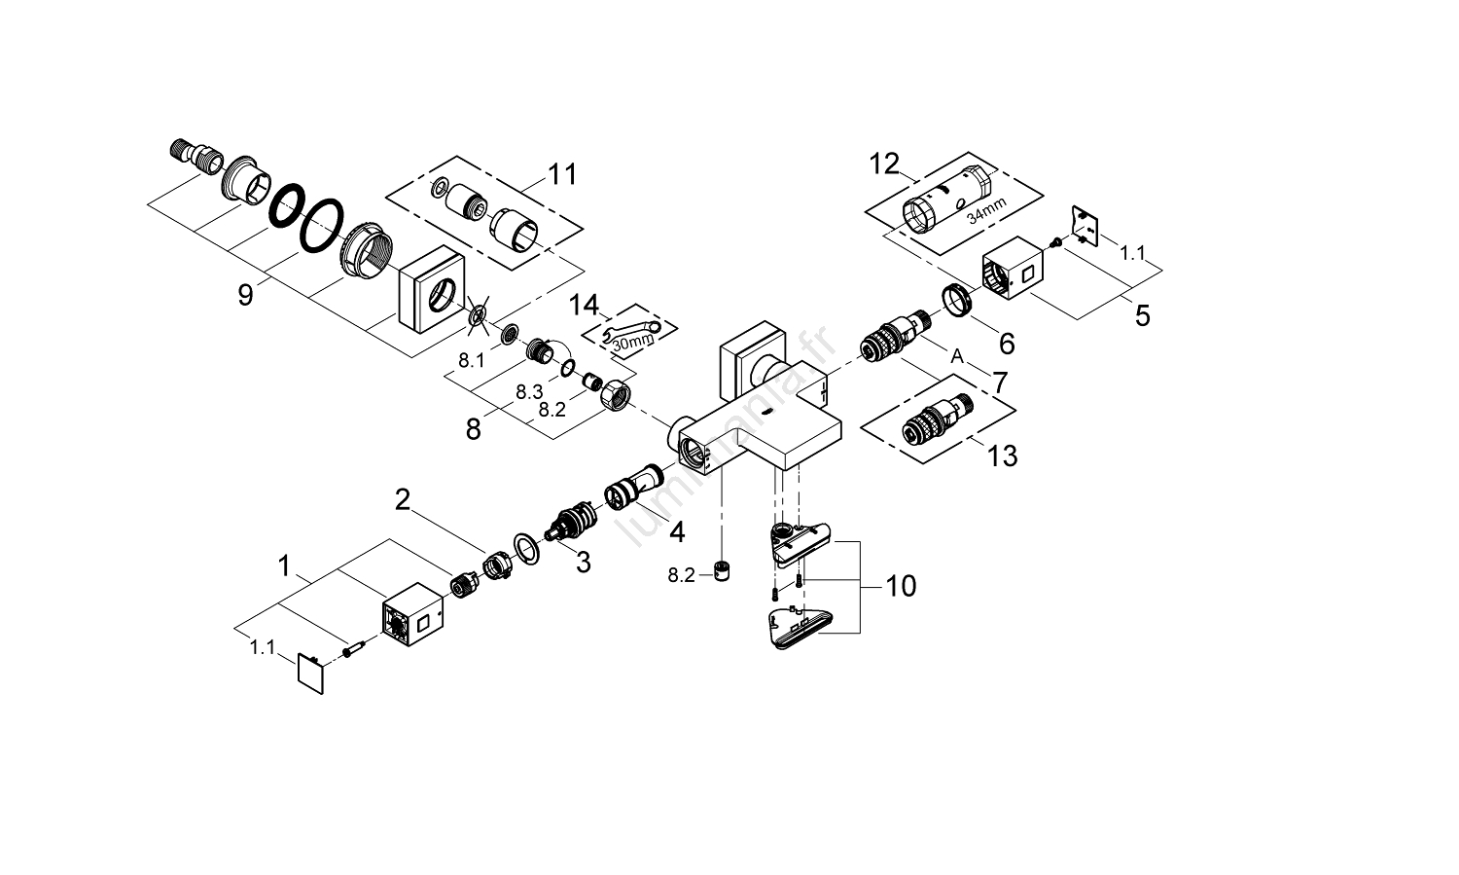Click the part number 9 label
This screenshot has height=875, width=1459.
pos(245,294)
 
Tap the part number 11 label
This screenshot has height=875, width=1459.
pos(561,175)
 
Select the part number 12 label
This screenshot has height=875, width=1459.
pos(885,164)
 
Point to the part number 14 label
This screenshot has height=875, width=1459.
pos(584,306)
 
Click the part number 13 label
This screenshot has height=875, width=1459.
pos(1002,455)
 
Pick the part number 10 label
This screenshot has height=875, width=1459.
pos(901,586)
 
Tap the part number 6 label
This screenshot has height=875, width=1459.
pos(1007,343)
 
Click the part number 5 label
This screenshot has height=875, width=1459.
pos(1142,315)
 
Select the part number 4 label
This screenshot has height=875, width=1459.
pos(676,532)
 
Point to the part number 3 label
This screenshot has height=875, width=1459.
pos(583,562)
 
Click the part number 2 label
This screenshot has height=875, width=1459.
pos(403,501)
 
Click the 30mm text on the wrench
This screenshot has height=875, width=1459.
pos(632,342)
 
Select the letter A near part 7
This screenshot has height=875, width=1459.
pos(957,358)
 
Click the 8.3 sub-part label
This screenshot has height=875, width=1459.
pos(528,391)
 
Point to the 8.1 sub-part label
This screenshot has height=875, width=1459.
pos(472,360)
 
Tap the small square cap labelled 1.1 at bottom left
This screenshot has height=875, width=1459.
pos(310,673)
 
